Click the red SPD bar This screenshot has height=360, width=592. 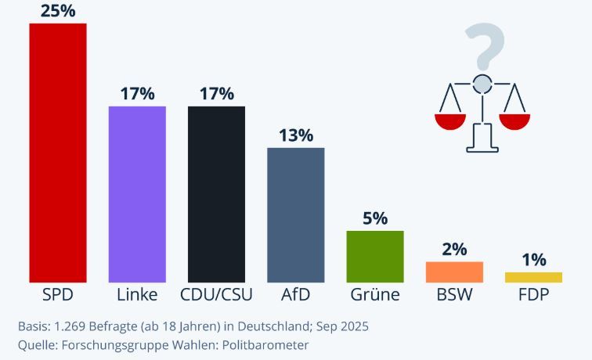click(x=58, y=153)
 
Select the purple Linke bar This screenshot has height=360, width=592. click(x=137, y=194)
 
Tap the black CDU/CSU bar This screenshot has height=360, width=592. click(x=216, y=194)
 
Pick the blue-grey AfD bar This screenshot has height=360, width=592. click(x=296, y=214)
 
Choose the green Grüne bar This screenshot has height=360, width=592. click(x=375, y=256)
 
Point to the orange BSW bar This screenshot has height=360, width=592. click(x=454, y=272)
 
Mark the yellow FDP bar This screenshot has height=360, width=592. click(x=533, y=277)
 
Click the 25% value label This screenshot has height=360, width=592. click(x=58, y=11)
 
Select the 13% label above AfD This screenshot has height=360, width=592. click(x=296, y=135)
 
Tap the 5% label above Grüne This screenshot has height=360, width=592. click(x=375, y=218)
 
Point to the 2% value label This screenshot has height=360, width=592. click(x=454, y=250)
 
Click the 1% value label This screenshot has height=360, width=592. click(x=533, y=260)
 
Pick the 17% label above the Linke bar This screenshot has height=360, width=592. click(x=137, y=94)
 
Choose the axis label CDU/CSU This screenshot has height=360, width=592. click(x=216, y=295)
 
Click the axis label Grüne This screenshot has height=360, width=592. click(x=375, y=295)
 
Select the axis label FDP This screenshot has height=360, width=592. click(x=533, y=295)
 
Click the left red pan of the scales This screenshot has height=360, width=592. click(x=450, y=121)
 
